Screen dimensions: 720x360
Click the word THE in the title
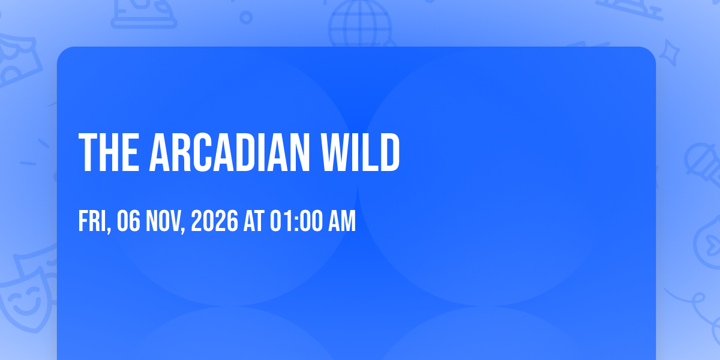[x=109, y=152]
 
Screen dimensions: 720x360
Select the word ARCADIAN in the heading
[x=229, y=152]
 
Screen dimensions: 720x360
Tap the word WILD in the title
[x=361, y=152]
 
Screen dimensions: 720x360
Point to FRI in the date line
[x=92, y=221]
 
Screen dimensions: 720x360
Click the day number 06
[x=128, y=221]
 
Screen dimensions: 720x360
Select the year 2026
[x=215, y=221]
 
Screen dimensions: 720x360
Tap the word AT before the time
[x=254, y=221]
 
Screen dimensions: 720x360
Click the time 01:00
[x=296, y=221]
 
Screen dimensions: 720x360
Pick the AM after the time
[x=342, y=221]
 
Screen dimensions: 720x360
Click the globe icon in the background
[x=361, y=23]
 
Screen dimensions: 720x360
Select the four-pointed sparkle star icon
[x=670, y=53]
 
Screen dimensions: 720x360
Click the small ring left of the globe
[x=246, y=17]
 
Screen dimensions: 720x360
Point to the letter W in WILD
[x=335, y=152]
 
